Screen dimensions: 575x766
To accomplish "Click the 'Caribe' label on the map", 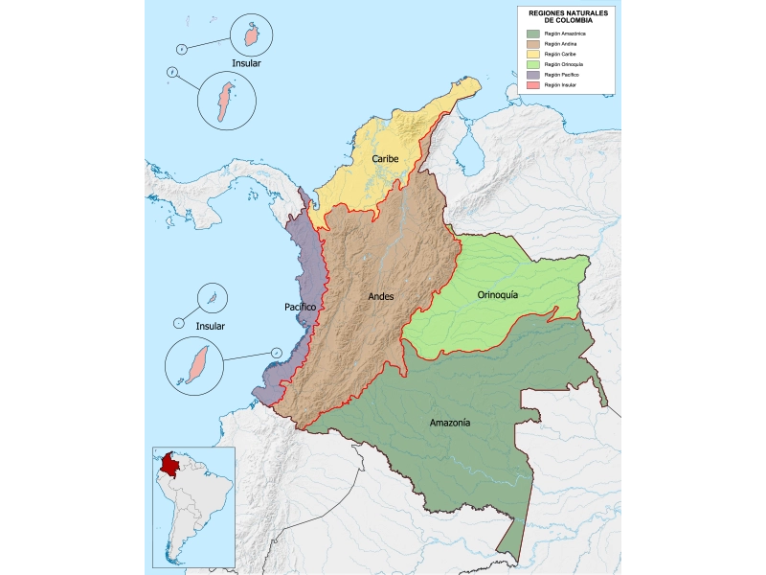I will pyautogui.click(x=386, y=158).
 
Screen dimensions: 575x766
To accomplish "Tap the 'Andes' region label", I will pyautogui.click(x=381, y=296).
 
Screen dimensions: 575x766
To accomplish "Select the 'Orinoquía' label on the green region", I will pyautogui.click(x=497, y=295).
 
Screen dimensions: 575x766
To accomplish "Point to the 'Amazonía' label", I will pyautogui.click(x=449, y=423).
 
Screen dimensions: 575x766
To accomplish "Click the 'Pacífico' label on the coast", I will pyautogui.click(x=300, y=307).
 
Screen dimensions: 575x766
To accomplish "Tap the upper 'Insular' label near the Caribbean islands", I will pyautogui.click(x=246, y=63).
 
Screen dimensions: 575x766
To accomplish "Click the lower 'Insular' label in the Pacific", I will pyautogui.click(x=210, y=326).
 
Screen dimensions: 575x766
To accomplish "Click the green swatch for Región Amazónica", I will pyautogui.click(x=533, y=34).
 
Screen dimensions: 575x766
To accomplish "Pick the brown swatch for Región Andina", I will pyautogui.click(x=533, y=44).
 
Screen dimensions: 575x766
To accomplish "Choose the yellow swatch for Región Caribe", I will pyautogui.click(x=533, y=55).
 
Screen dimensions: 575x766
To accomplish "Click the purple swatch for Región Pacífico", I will pyautogui.click(x=533, y=75).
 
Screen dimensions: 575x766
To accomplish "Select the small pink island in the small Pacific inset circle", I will pyautogui.click(x=214, y=296).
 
